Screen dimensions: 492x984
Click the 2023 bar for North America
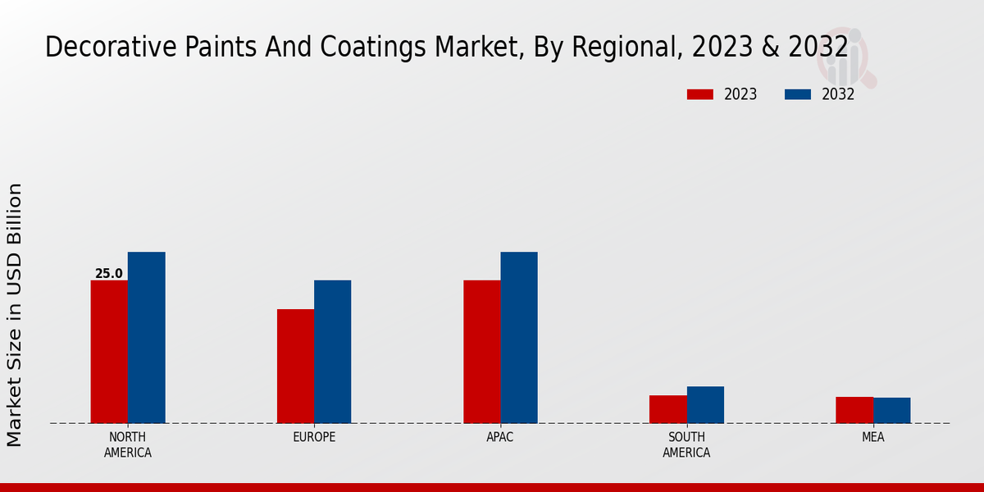pyautogui.click(x=109, y=352)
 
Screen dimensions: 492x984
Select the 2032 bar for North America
pyautogui.click(x=146, y=337)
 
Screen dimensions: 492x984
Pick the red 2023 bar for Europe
pyautogui.click(x=295, y=366)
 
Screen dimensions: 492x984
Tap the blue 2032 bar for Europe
pyautogui.click(x=332, y=352)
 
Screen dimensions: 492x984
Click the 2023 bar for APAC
pyautogui.click(x=481, y=352)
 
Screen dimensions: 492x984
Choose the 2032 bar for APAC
pyautogui.click(x=518, y=337)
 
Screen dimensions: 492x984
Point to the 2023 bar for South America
pyautogui.click(x=667, y=409)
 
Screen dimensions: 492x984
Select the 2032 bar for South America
pyautogui.click(x=705, y=404)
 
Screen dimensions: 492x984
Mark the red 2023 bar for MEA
pyautogui.click(x=854, y=410)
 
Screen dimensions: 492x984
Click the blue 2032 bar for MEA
pyautogui.click(x=891, y=410)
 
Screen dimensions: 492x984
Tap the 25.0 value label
pyautogui.click(x=109, y=274)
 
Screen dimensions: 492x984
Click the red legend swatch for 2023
pyautogui.click(x=700, y=94)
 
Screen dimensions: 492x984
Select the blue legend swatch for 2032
pyautogui.click(x=798, y=94)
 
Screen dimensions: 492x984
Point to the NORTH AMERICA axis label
pyautogui.click(x=128, y=444)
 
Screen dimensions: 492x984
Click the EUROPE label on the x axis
pyautogui.click(x=314, y=437)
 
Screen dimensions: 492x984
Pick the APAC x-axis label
pyautogui.click(x=499, y=437)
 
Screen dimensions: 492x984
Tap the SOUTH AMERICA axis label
pyautogui.click(x=686, y=444)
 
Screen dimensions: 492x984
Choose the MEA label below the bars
pyautogui.click(x=872, y=437)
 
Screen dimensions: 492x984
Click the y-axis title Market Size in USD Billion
pyautogui.click(x=15, y=315)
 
